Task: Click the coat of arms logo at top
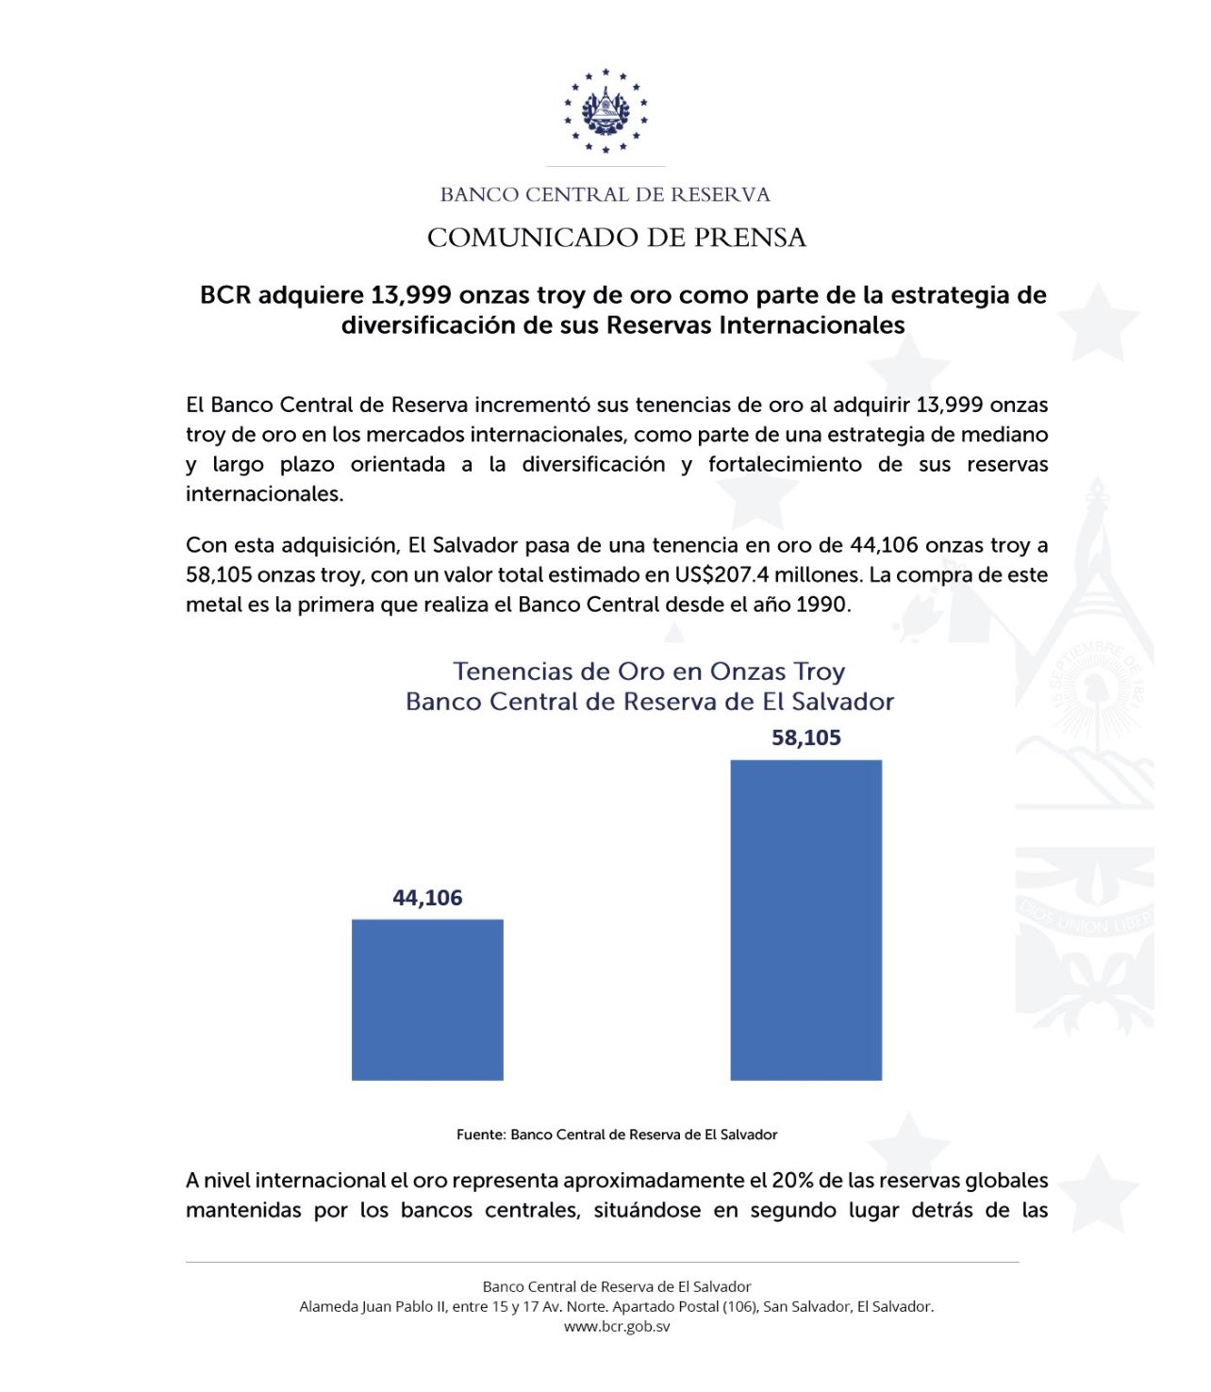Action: point(605,110)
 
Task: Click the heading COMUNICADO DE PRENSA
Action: point(617,238)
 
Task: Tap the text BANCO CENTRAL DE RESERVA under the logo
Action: point(605,195)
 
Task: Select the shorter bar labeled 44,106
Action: point(427,1000)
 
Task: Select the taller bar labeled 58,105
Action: point(805,920)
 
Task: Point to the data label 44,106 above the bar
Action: point(427,898)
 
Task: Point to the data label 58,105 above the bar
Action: point(805,737)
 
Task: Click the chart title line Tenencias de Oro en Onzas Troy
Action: point(649,671)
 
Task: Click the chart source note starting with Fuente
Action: point(617,1135)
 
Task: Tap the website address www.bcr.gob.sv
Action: point(617,1326)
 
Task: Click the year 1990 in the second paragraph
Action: point(821,605)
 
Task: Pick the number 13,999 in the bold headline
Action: point(411,295)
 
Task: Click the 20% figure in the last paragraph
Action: point(792,1181)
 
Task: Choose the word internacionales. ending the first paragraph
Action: point(265,494)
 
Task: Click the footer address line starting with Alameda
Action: point(617,1306)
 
